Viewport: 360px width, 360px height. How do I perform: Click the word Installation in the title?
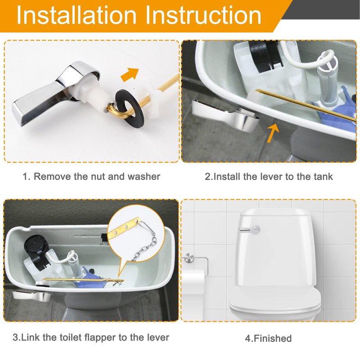76,15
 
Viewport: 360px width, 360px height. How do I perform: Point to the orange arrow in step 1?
130,74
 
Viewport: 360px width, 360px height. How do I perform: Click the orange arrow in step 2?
273,133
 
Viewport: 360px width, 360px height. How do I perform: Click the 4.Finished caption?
268,338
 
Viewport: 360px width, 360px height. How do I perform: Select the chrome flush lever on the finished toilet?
249,230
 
